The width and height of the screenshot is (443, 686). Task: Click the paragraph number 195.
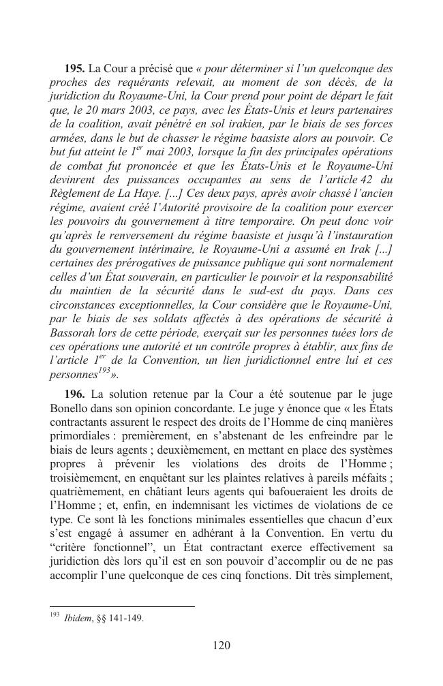(x=75, y=69)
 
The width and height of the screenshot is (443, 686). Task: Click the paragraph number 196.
(x=75, y=394)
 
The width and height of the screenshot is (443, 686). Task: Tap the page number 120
(x=221, y=646)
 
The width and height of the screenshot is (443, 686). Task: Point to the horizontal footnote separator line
(x=122, y=605)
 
